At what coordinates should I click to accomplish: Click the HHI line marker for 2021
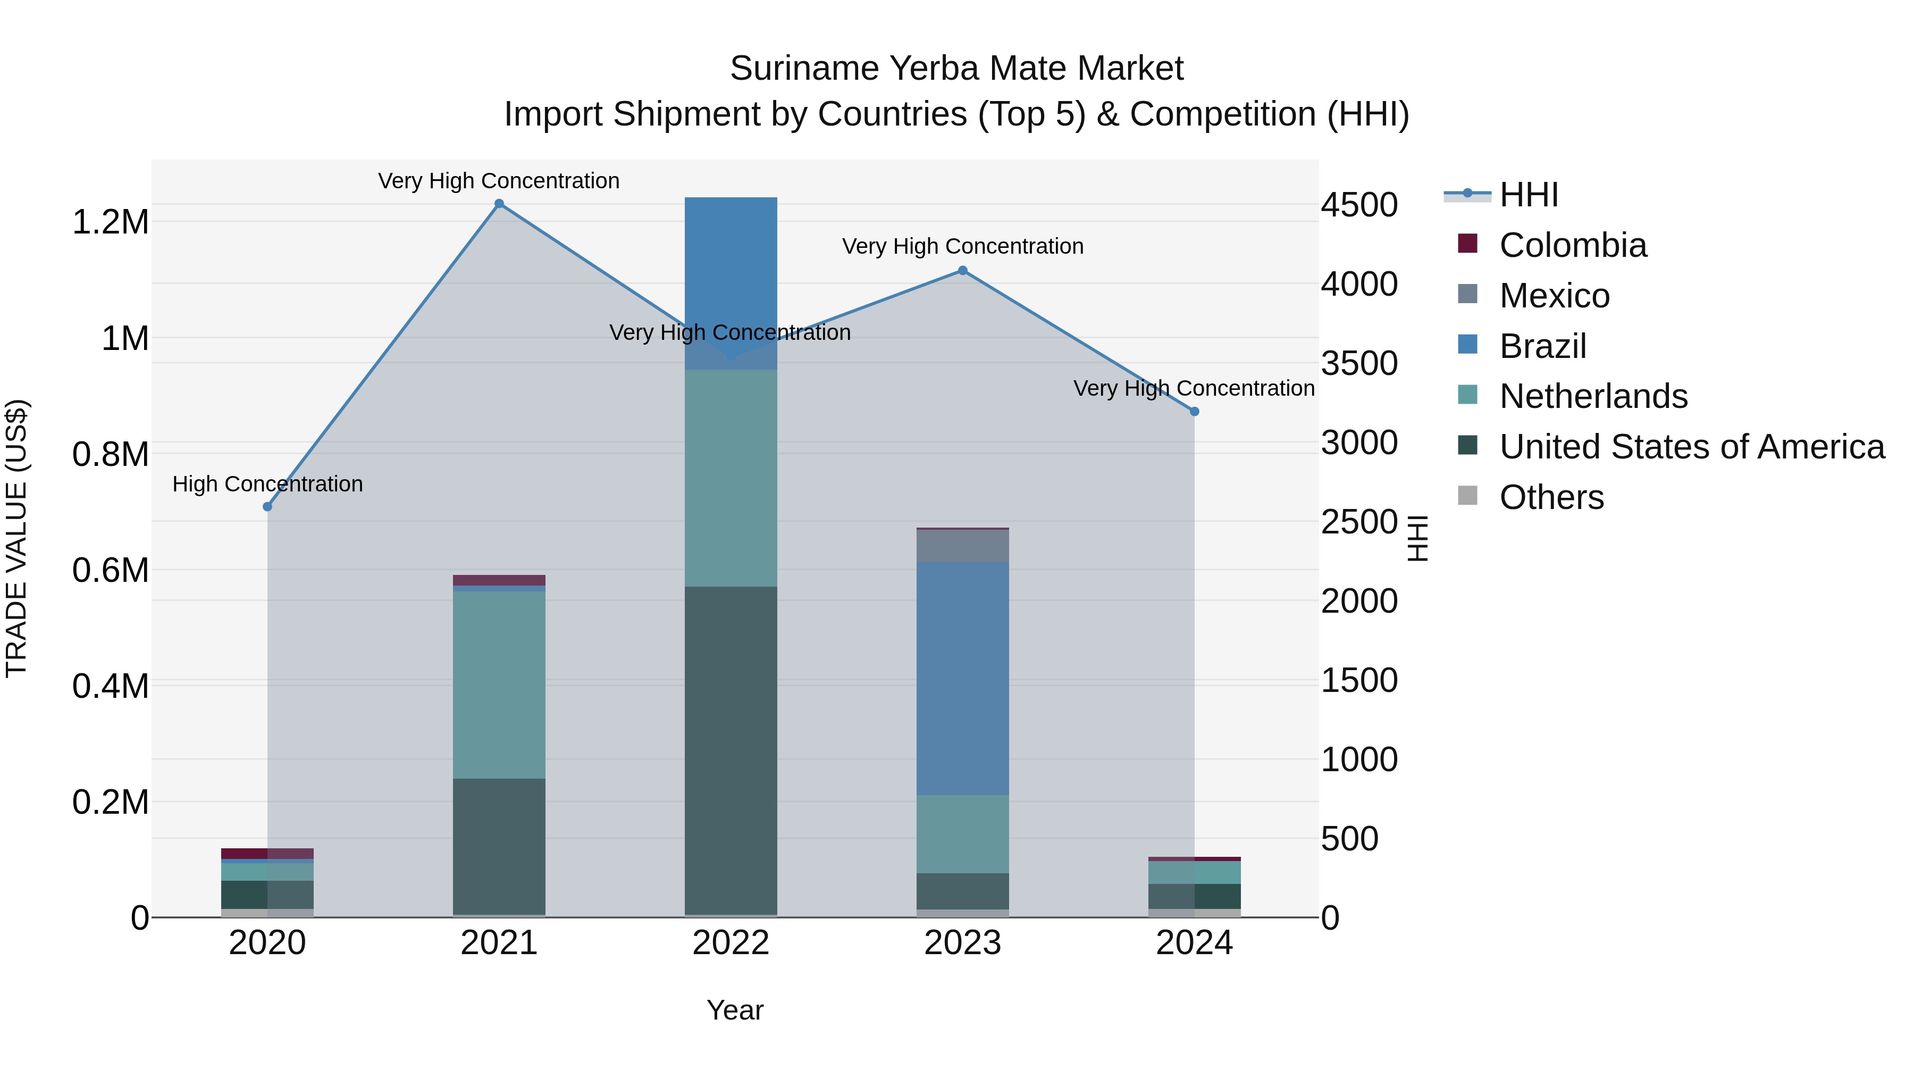499,204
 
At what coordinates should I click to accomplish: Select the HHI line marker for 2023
963,271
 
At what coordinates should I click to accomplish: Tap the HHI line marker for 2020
267,507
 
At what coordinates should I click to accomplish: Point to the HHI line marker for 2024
1195,412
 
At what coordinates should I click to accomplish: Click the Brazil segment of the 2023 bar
963,678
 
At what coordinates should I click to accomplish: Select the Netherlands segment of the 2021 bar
499,684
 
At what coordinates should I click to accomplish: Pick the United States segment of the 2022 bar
731,750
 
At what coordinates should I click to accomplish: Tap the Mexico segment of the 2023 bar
963,546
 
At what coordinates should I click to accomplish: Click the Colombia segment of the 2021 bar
499,580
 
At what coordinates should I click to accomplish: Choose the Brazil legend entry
1542,346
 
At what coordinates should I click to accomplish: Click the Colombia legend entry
1572,245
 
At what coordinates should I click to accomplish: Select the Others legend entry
1551,497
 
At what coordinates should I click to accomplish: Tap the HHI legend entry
1527,195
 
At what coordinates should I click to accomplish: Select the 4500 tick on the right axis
1359,205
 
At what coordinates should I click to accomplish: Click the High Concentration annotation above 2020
267,484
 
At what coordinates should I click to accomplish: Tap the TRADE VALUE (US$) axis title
17,538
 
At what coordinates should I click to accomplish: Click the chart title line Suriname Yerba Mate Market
956,69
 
